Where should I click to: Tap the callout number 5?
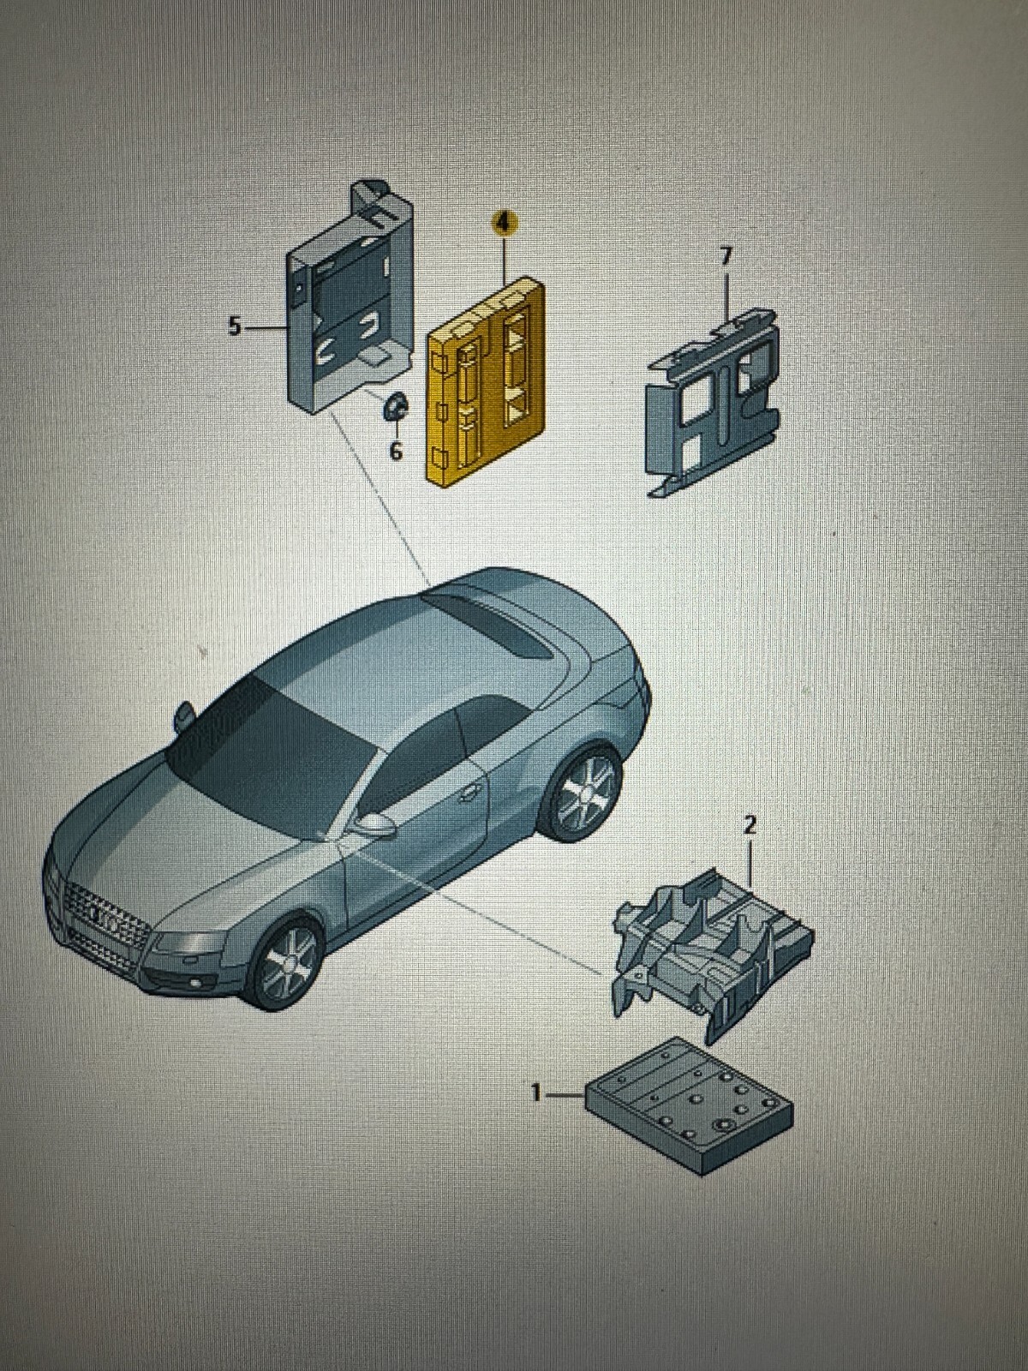(x=234, y=326)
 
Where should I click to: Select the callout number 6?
(x=396, y=451)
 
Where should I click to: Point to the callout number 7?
(x=725, y=257)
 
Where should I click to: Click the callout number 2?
(x=751, y=825)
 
